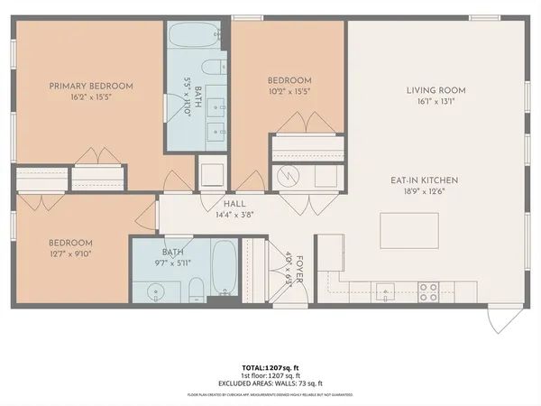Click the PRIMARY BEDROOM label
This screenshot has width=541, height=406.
point(90,86)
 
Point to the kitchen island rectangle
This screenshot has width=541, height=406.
point(410,230)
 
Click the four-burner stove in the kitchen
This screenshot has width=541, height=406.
point(429,291)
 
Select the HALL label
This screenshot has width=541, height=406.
point(234,204)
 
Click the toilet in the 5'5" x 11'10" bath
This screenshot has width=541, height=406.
point(215,69)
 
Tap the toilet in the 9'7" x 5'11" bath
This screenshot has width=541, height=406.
point(196,290)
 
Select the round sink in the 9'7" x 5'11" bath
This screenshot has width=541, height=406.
point(151,291)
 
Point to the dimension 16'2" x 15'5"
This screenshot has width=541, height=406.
point(90,97)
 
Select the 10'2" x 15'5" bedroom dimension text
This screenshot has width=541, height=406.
point(289,91)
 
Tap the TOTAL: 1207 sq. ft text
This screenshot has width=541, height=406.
point(270,367)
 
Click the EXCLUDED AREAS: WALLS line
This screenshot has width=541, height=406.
point(270,382)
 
